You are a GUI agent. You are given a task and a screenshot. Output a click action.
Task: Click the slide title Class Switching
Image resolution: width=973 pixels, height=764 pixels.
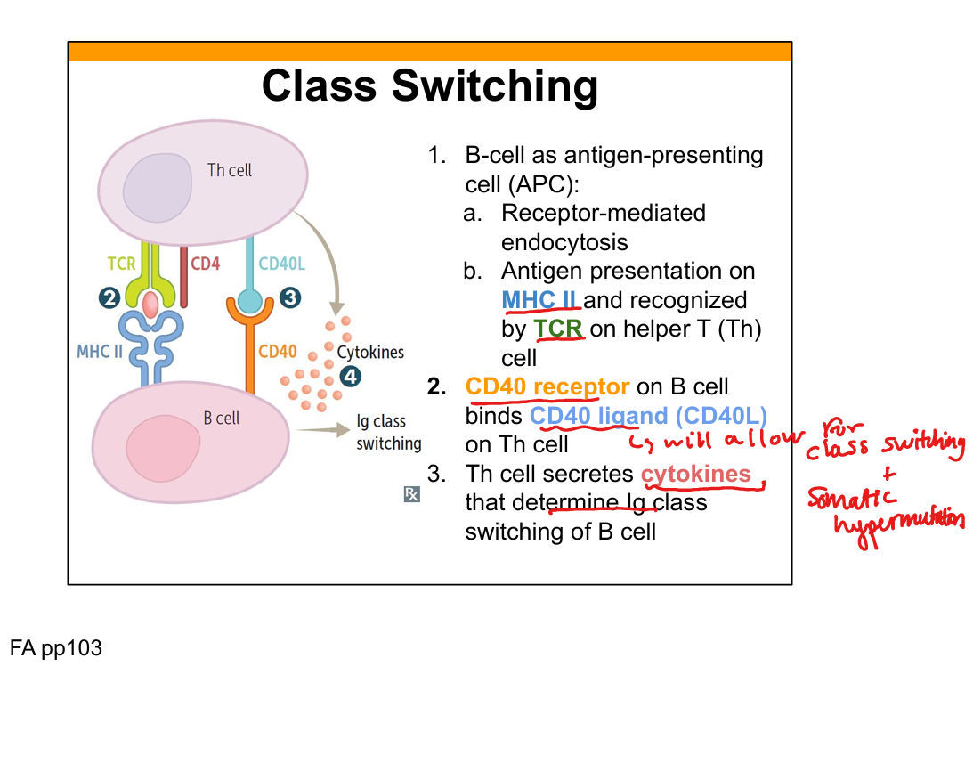(x=429, y=87)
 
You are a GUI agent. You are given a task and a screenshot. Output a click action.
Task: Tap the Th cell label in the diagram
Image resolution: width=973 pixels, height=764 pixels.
(x=230, y=170)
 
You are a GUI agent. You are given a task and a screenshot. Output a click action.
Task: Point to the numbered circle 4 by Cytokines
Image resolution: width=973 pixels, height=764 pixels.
(x=352, y=377)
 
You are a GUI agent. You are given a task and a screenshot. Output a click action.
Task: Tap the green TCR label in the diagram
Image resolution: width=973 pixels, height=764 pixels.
(x=122, y=264)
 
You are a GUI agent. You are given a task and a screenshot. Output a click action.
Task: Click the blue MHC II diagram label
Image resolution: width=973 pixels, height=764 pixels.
(x=99, y=351)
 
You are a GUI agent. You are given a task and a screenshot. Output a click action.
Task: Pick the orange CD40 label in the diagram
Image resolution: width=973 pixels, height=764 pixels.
(x=277, y=351)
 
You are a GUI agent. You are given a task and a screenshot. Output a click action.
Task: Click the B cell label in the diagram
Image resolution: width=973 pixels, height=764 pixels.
(x=222, y=418)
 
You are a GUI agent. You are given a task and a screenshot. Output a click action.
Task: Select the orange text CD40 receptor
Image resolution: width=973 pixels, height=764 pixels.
(x=547, y=387)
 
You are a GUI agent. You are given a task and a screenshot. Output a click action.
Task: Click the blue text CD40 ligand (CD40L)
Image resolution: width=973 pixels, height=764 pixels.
(x=648, y=416)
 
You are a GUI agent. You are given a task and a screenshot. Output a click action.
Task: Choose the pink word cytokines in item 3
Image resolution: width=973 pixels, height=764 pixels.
(x=696, y=474)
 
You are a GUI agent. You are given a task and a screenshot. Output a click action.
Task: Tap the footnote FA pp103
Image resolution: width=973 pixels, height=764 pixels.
(x=56, y=649)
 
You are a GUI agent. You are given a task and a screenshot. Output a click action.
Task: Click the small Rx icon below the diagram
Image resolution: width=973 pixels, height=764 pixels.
(x=411, y=494)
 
